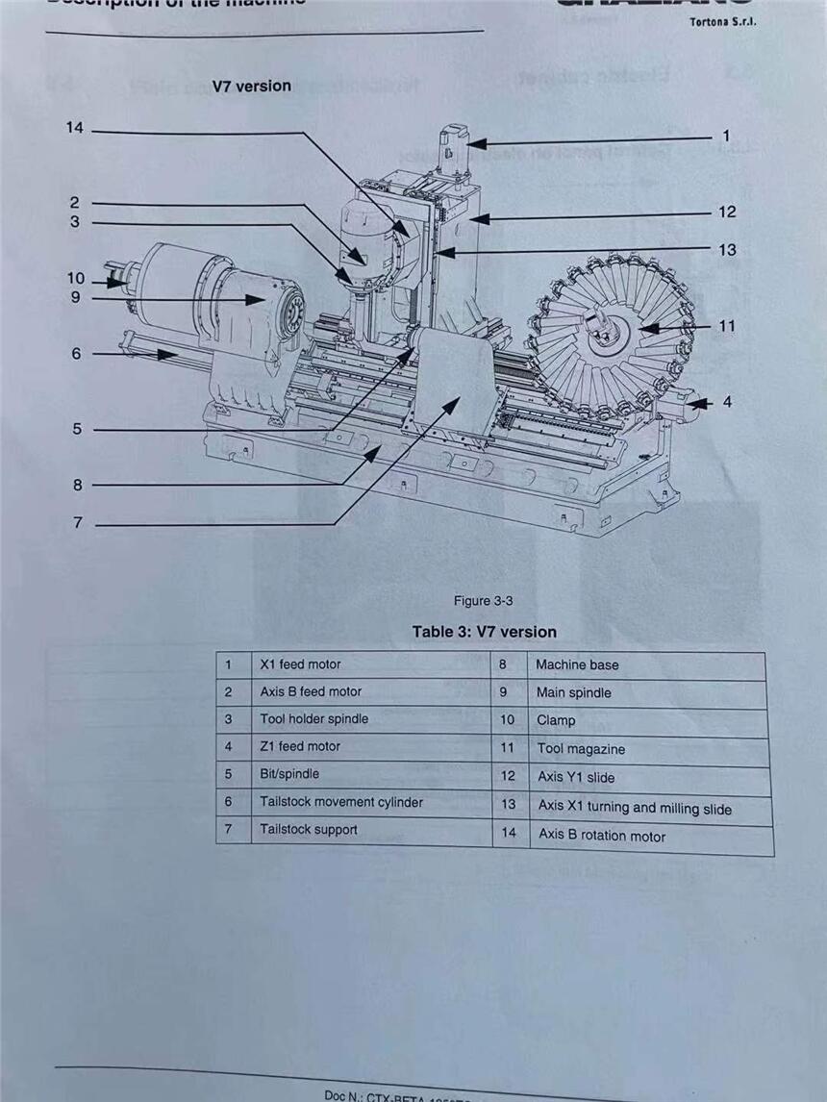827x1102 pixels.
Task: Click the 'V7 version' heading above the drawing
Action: [x=251, y=86]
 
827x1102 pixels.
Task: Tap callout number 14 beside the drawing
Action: [x=74, y=128]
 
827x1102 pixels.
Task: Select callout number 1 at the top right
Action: [x=726, y=137]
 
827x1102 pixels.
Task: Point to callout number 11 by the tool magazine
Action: [x=726, y=326]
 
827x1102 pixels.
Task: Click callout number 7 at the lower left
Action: [x=78, y=523]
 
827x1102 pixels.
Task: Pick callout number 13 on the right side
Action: [x=727, y=249]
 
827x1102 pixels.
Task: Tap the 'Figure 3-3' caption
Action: [x=483, y=601]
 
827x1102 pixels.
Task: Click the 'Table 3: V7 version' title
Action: [x=484, y=632]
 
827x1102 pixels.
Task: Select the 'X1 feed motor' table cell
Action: [x=300, y=664]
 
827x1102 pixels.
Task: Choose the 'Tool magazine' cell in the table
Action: [x=581, y=749]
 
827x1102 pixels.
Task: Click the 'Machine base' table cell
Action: [x=577, y=664]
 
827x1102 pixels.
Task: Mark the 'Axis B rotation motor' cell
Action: [x=601, y=836]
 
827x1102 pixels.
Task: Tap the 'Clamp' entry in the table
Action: [x=556, y=720]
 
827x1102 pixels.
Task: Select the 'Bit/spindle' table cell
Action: [x=288, y=774]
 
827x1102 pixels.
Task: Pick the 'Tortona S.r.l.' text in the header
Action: [x=722, y=22]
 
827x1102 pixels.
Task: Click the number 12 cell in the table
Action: [x=508, y=776]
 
